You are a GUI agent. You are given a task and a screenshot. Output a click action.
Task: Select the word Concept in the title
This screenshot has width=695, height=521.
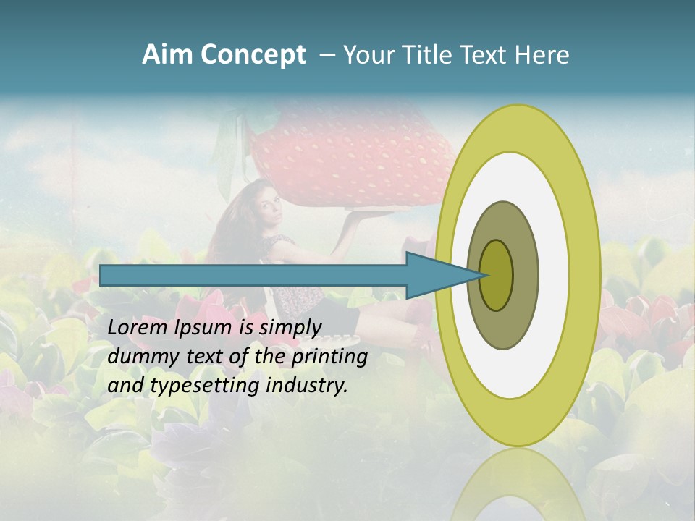(x=253, y=56)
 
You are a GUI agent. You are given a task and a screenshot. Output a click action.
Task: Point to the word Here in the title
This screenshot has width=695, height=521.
(x=542, y=55)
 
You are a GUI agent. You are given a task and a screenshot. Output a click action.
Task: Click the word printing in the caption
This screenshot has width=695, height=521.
(x=329, y=357)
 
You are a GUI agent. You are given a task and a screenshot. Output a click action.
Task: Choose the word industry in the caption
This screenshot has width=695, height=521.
(x=307, y=386)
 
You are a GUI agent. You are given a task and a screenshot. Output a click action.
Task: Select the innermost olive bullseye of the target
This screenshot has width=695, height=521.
(x=496, y=275)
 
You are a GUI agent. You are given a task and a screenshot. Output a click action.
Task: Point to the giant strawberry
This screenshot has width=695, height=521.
(x=347, y=156)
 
